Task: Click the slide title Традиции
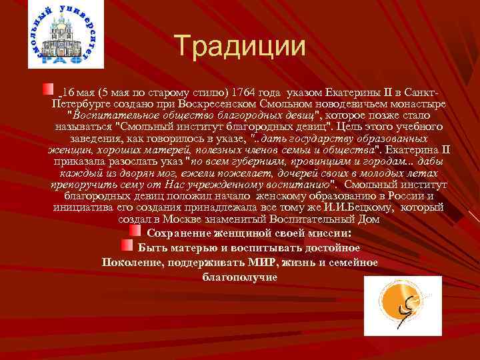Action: tap(241, 46)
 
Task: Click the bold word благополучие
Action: tap(240, 275)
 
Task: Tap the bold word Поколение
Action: tap(131, 262)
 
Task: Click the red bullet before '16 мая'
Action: tap(48, 89)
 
